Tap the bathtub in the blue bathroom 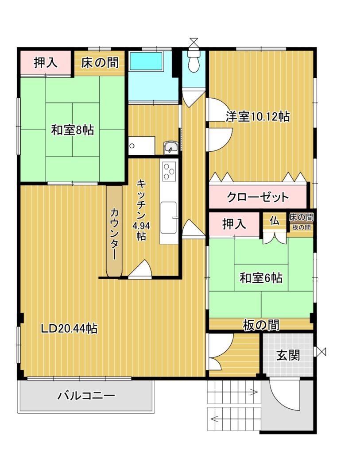click(146, 61)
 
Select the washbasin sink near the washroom click(170, 148)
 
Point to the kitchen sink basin click(169, 217)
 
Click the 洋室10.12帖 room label click(258, 117)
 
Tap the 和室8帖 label click(72, 130)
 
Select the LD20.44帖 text click(69, 329)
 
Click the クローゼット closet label click(258, 197)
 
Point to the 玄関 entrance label click(288, 355)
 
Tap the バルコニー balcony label click(86, 395)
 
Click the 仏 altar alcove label click(275, 221)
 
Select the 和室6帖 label click(261, 278)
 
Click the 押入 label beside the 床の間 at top click(46, 62)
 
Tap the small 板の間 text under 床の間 click(301, 227)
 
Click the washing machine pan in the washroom click(142, 146)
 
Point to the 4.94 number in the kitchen click(141, 225)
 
